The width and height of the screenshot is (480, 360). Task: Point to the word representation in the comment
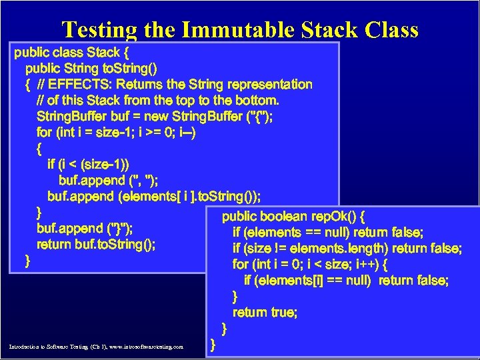pos(269,85)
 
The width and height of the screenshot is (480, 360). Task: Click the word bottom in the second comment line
pos(256,100)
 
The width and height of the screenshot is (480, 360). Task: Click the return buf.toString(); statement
pos(97,244)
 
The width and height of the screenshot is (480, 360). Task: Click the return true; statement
pos(265,312)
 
